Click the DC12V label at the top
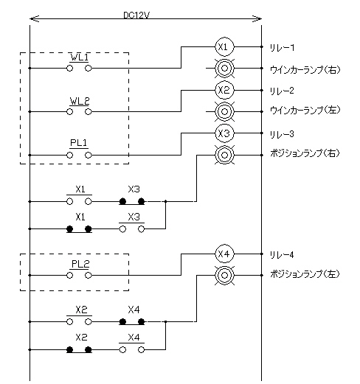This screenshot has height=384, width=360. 136,15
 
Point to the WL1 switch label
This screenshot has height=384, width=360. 79,57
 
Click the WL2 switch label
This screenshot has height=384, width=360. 80,101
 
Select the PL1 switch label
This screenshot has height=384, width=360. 79,143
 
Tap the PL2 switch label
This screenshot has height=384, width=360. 80,264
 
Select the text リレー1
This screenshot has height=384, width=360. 282,47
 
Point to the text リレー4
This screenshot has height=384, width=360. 282,255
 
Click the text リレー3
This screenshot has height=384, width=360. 282,134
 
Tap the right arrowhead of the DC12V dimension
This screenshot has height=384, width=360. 257,19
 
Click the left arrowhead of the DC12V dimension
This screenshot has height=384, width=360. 34,19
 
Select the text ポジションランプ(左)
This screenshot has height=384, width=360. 305,273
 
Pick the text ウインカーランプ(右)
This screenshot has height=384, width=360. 305,70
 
